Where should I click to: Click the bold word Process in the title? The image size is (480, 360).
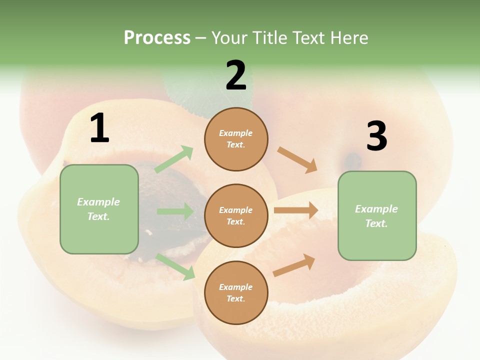pos(157,37)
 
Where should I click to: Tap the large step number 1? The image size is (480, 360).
pos(99,129)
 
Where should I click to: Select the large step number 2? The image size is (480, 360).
pos(236,75)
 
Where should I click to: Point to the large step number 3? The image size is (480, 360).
pos(376,136)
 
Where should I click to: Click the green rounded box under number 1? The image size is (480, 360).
pos(99,209)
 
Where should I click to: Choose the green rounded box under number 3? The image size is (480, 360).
pos(377,215)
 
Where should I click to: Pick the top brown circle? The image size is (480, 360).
pos(236,139)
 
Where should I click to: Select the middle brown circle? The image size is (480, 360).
pos(236,215)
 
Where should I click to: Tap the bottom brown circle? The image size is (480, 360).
pos(236,292)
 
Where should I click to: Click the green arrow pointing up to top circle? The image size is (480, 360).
pos(174,159)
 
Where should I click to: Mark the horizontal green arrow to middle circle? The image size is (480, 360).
pos(175,211)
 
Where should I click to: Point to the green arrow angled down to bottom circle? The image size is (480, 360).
pos(175,266)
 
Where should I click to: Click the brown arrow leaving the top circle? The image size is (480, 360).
pos(297,159)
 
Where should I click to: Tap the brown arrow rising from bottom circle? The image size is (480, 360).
pos(294,265)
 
